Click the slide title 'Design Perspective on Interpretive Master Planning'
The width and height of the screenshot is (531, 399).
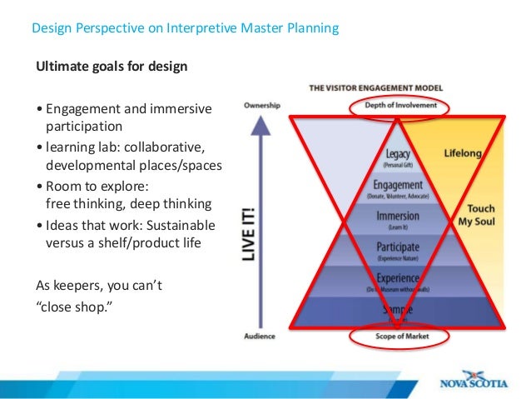click(185, 29)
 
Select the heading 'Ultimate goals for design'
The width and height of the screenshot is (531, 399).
click(111, 67)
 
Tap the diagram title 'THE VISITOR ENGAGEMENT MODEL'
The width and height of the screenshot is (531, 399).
click(375, 87)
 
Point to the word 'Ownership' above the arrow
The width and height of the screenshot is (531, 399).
click(261, 106)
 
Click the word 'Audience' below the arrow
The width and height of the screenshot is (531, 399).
click(261, 337)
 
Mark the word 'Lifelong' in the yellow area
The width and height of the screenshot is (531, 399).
click(463, 155)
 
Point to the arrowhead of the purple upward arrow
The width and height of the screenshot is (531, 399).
click(261, 125)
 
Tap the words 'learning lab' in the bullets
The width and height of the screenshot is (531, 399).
click(79, 148)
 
